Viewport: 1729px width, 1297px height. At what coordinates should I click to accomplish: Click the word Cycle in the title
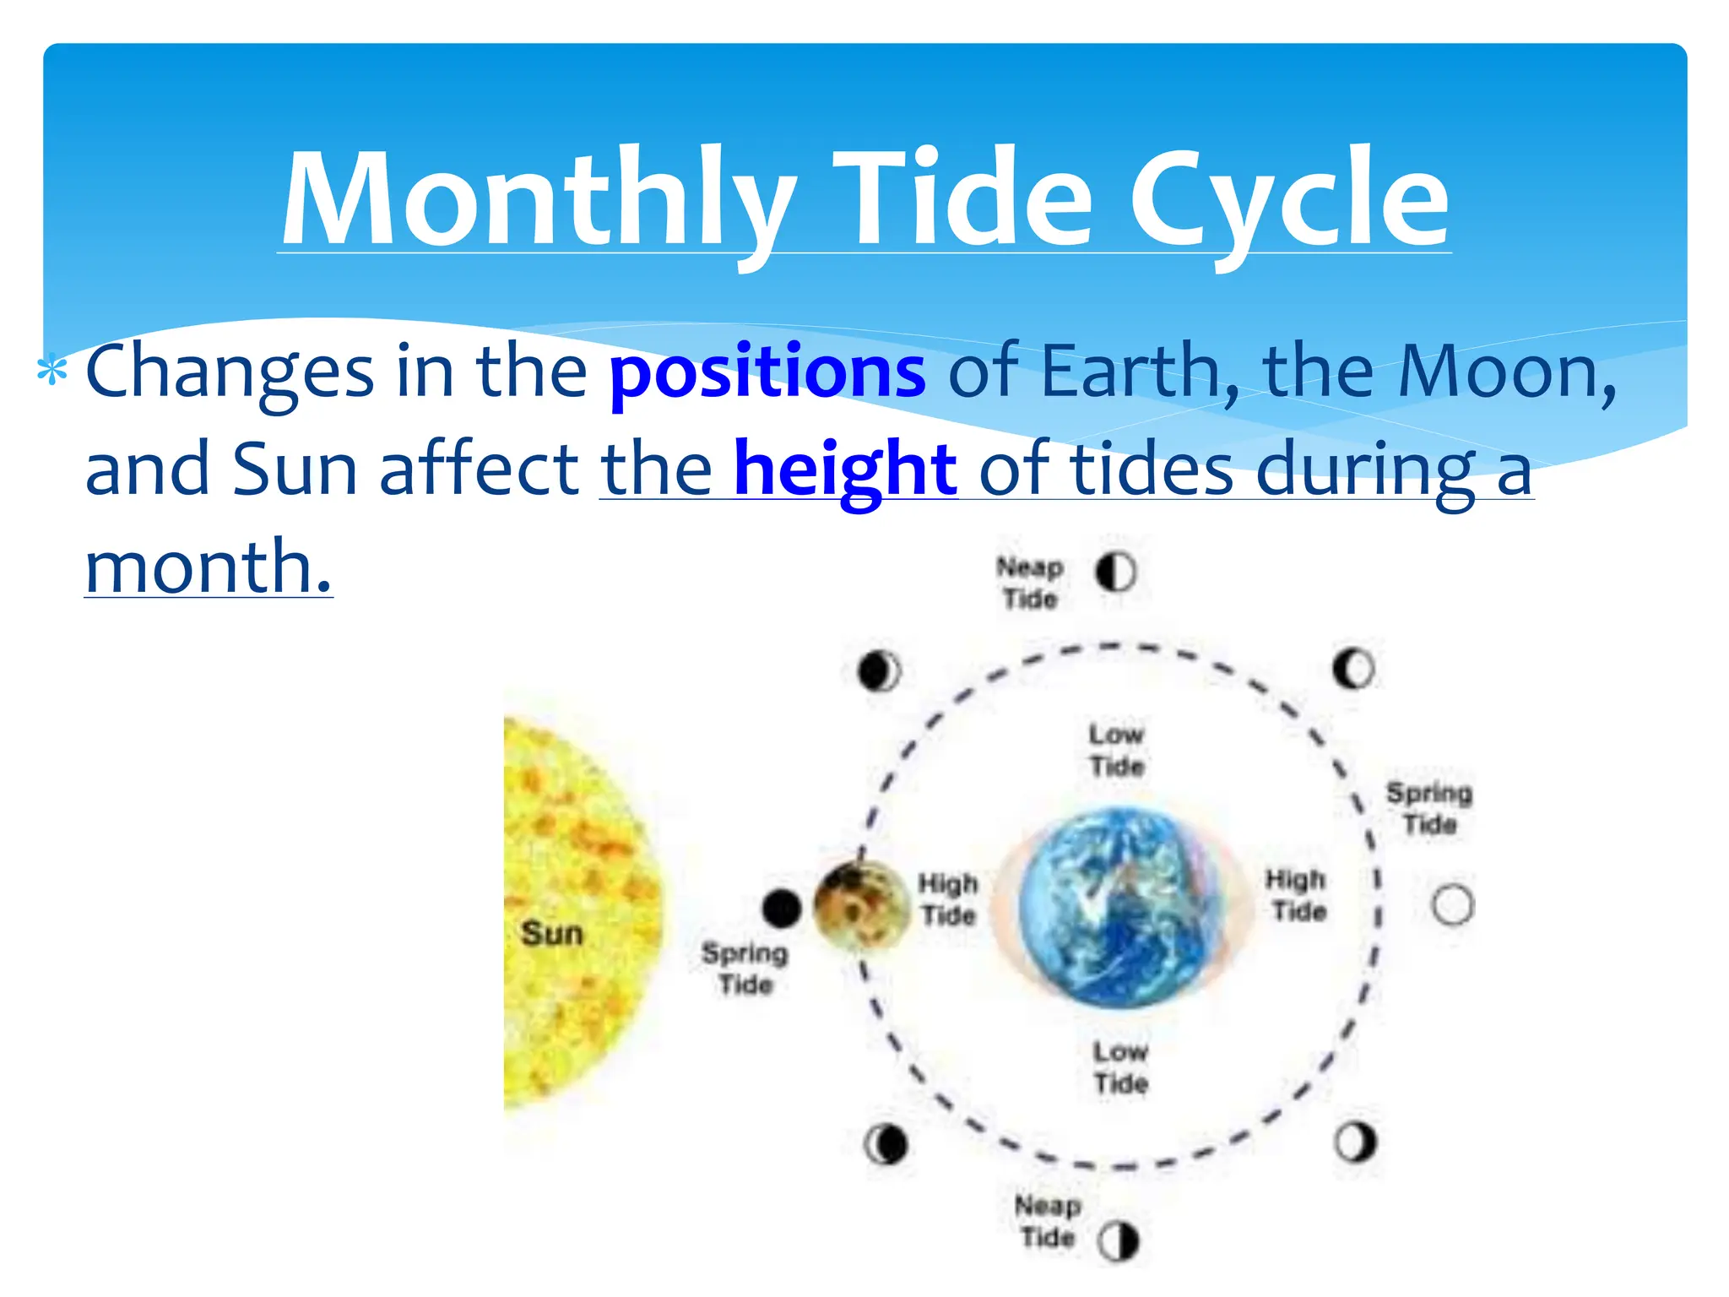coord(1289,199)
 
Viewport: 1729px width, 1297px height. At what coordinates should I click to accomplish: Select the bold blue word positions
coord(767,372)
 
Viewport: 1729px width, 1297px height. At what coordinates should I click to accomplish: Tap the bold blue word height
coord(845,469)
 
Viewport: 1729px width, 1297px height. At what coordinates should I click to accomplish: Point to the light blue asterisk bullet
coord(52,372)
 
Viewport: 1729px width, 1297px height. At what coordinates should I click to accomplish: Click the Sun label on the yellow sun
coord(552,934)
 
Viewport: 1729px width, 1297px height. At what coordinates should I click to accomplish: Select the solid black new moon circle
coord(781,909)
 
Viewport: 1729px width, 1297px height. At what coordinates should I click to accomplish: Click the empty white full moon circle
coord(1452,904)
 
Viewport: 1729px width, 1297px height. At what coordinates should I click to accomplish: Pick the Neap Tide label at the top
coord(1029,583)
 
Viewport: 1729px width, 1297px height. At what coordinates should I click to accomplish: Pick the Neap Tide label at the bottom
coord(1048,1221)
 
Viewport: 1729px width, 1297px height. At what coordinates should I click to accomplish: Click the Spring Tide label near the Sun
coord(745,969)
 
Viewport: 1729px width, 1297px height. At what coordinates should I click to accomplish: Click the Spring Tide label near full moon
coord(1428,808)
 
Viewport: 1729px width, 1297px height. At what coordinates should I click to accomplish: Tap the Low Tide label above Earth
coord(1116,750)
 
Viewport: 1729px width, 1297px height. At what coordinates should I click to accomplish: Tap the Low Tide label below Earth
coord(1120,1067)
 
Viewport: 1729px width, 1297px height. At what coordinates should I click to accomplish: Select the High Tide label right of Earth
coord(1297,896)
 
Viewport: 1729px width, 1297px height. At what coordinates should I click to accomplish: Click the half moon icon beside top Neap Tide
coord(1115,573)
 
